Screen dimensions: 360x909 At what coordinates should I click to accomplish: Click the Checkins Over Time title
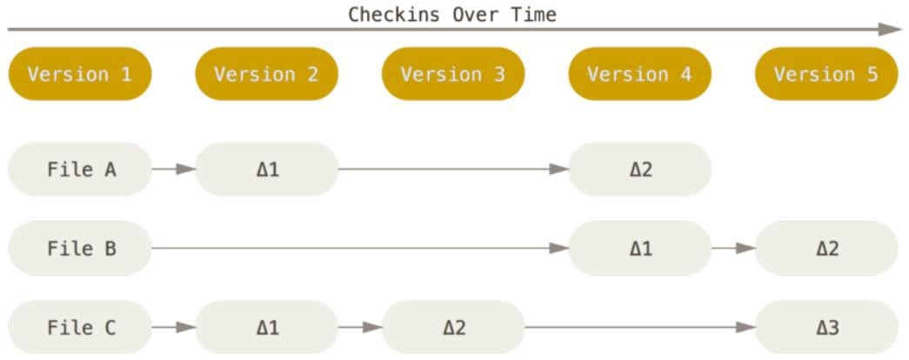[451, 14]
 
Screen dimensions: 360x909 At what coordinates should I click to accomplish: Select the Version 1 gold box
[80, 74]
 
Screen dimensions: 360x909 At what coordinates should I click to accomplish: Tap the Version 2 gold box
[266, 74]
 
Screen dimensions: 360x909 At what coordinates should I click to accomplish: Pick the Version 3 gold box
[453, 74]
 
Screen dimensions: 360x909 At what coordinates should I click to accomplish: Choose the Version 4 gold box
[639, 74]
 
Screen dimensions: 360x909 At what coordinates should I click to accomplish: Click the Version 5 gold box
[826, 74]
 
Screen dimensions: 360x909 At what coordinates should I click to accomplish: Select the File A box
[80, 169]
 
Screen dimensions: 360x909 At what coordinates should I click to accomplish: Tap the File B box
[80, 249]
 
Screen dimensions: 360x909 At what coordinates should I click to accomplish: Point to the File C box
[80, 328]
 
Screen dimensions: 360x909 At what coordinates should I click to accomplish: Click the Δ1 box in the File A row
[266, 169]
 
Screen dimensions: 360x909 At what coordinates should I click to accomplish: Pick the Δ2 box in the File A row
[639, 169]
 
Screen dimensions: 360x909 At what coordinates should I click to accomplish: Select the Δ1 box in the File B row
[639, 249]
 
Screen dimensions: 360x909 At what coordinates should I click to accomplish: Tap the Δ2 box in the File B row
[826, 249]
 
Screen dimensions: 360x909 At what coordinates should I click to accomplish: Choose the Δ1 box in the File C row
[266, 328]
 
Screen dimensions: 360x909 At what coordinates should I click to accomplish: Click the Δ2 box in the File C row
[453, 328]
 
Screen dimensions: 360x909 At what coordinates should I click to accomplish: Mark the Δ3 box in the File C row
[826, 328]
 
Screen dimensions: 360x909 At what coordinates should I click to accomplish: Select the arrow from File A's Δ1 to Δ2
[453, 169]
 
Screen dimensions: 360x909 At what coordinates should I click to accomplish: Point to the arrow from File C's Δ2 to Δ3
[639, 328]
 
